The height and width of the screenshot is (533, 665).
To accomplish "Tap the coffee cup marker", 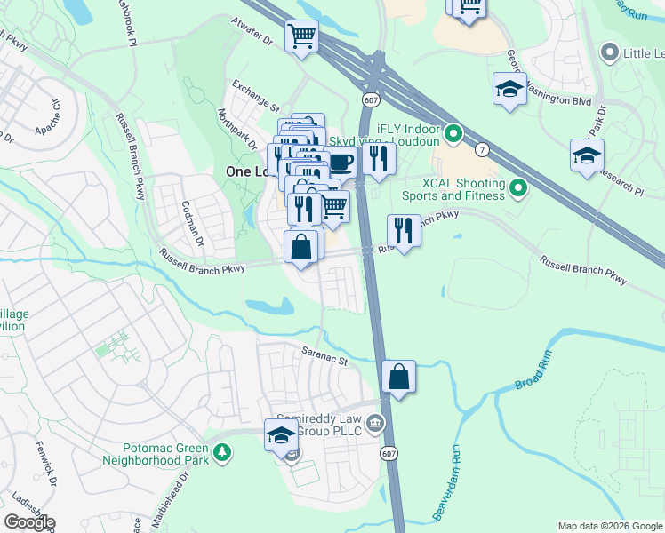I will point(341,163).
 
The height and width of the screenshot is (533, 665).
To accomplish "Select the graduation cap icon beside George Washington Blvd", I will point(509,89).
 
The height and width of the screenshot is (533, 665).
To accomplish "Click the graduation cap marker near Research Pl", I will point(588,155).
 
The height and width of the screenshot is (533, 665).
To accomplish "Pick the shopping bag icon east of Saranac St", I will point(399,376).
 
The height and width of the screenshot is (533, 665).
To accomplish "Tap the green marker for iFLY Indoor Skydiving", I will point(453,134).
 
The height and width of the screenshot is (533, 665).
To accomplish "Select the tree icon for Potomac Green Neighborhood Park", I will point(221,454).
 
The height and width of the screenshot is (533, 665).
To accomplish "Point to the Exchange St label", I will point(256,95).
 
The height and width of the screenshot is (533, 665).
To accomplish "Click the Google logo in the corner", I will point(29,522).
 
